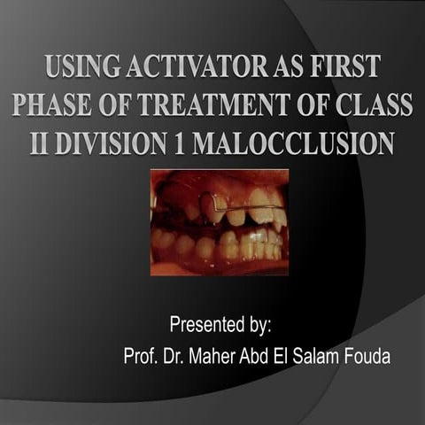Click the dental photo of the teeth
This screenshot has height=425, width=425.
219,222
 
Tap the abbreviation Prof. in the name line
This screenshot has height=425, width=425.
143,357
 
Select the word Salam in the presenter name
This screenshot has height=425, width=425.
332,357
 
